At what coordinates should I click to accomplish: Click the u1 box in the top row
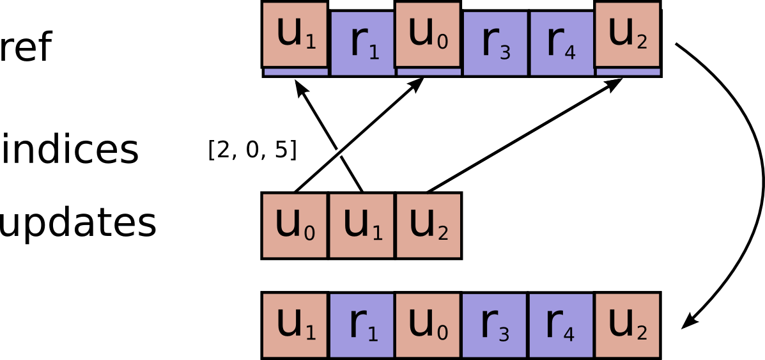[x=295, y=34]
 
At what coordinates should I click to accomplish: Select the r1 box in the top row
[x=363, y=43]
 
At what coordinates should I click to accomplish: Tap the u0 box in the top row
[x=428, y=34]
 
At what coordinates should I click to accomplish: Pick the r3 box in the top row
[x=495, y=43]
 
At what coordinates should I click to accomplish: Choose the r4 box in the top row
[x=562, y=43]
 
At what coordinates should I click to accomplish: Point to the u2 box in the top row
[x=627, y=34]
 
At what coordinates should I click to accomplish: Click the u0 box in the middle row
[x=295, y=226]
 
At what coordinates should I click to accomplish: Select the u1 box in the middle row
[x=361, y=226]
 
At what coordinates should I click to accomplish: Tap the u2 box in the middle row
[x=428, y=226]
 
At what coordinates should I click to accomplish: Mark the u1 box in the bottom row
[x=295, y=325]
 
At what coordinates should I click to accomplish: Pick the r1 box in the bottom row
[x=362, y=325]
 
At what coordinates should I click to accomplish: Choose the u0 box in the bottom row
[x=428, y=325]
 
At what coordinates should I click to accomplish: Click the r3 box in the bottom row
[x=495, y=325]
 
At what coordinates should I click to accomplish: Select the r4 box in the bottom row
[x=561, y=325]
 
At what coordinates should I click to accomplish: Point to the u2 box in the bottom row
[x=627, y=325]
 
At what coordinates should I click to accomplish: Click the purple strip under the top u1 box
[x=296, y=72]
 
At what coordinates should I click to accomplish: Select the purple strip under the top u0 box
[x=429, y=72]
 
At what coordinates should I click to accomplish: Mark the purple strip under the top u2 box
[x=628, y=72]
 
